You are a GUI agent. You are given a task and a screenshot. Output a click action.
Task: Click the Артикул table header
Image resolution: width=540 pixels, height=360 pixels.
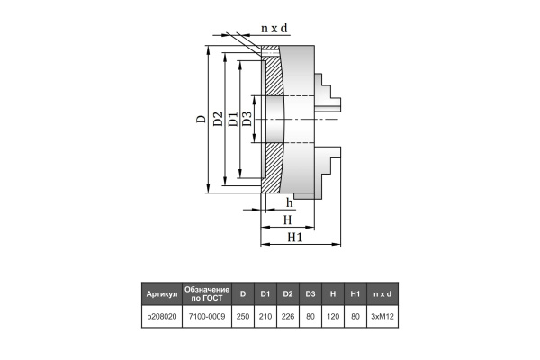(161, 294)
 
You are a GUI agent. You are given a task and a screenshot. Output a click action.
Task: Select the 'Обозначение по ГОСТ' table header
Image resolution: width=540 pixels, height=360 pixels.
(207, 294)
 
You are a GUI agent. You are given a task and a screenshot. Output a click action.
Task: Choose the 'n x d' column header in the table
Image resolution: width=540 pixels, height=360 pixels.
(383, 294)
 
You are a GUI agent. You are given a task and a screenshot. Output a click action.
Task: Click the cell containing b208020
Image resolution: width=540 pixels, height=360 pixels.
(161, 318)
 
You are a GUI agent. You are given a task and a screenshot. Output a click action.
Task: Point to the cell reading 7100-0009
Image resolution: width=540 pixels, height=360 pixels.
(207, 318)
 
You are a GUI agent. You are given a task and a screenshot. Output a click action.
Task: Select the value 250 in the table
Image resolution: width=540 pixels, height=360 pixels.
(243, 318)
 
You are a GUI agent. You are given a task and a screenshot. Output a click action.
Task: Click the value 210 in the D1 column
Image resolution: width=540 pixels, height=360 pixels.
(265, 318)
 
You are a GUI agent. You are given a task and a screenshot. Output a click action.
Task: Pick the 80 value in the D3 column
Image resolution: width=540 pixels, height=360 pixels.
(310, 318)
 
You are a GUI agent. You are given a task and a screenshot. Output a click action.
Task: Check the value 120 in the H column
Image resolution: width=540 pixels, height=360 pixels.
(333, 318)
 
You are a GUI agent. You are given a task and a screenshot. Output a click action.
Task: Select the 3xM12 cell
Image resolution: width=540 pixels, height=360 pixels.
(383, 318)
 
